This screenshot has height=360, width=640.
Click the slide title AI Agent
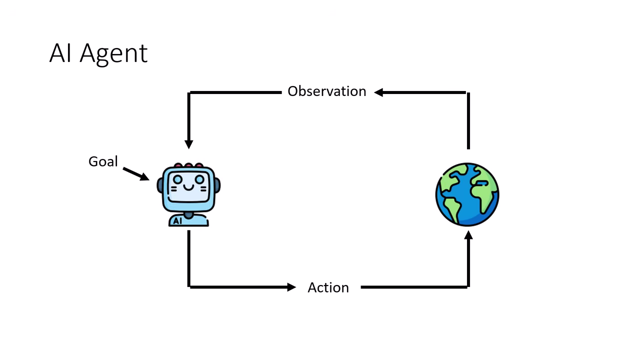98,53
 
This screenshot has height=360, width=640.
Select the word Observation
326,91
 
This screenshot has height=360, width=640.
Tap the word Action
328,287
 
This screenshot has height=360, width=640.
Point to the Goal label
103,161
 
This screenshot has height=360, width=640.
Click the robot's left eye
177,179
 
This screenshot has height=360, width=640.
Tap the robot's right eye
199,179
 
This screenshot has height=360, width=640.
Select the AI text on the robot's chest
177,220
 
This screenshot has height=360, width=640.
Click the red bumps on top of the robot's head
188,165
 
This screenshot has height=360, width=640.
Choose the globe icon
467,194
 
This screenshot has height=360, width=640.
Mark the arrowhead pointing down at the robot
188,144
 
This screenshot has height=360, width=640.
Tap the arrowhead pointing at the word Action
291,287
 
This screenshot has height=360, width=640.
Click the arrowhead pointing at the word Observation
379,92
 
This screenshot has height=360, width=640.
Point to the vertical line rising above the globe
468,120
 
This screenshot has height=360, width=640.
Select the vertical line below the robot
188,257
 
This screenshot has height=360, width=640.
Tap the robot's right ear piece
217,185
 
